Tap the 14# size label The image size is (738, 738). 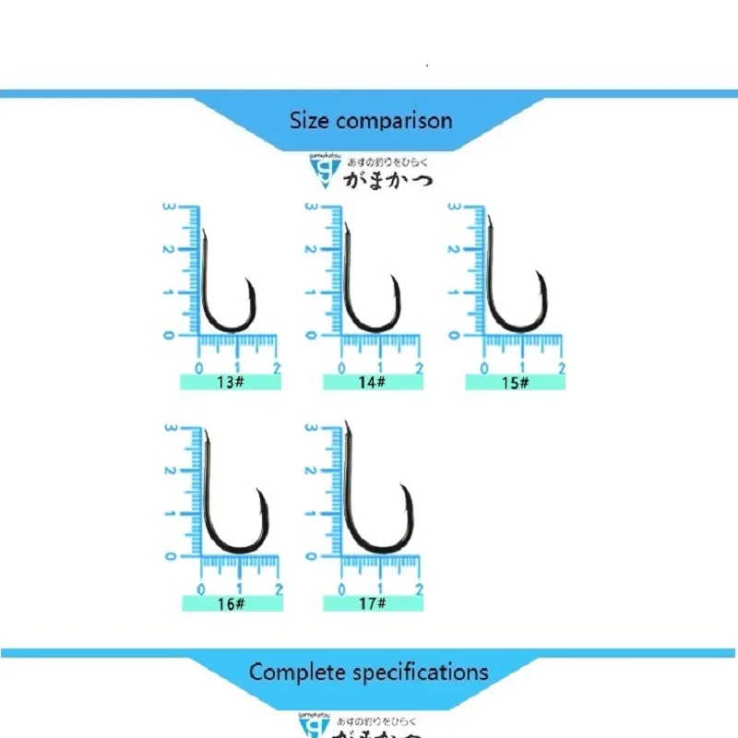click(x=373, y=382)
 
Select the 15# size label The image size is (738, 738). click(x=515, y=382)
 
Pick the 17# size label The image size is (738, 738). click(x=373, y=603)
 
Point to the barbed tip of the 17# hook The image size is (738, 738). click(x=403, y=486)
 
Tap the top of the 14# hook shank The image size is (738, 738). click(x=346, y=225)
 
